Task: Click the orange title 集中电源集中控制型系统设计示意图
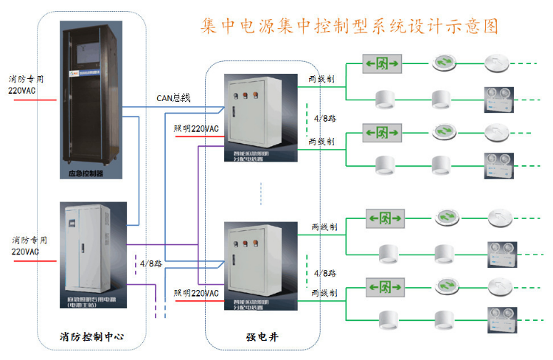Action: pos(349,27)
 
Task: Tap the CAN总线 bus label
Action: pos(173,97)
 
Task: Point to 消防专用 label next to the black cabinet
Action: pos(27,79)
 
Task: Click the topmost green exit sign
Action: pos(383,64)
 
